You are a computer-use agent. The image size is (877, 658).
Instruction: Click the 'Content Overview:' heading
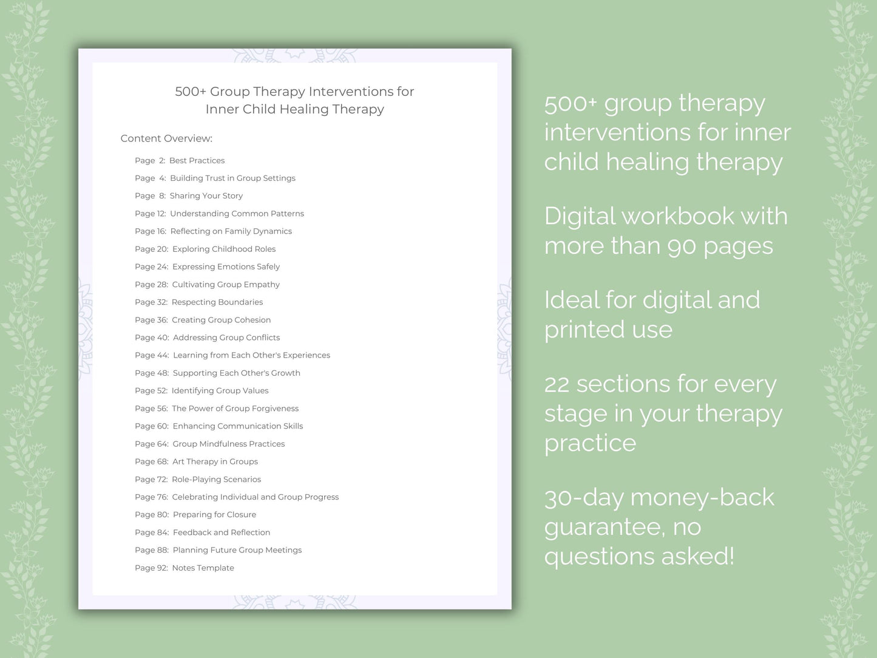pos(166,138)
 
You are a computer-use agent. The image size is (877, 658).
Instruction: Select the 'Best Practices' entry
pos(197,160)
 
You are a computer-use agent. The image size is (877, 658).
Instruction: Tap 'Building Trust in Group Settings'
pos(232,178)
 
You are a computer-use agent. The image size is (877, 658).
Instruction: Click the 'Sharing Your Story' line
pos(206,195)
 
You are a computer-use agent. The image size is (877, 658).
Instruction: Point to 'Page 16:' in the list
pos(151,231)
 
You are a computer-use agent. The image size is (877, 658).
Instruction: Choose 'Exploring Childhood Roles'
pos(223,249)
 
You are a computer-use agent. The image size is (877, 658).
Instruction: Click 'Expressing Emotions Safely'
pos(226,266)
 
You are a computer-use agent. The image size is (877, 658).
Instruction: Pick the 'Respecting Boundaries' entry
pos(217,302)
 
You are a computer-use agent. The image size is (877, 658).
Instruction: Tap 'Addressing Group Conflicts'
pos(226,337)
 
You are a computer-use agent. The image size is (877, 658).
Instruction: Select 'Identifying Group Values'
pos(220,391)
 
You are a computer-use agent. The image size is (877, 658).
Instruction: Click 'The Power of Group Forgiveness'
pos(235,409)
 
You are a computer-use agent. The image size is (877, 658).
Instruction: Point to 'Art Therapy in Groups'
pos(215,461)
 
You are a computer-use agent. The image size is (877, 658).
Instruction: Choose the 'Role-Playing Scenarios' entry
pos(216,480)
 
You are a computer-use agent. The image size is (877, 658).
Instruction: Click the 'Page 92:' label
pos(151,568)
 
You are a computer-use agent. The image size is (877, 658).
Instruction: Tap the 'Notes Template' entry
pos(203,568)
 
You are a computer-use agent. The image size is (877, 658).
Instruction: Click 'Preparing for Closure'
pos(214,515)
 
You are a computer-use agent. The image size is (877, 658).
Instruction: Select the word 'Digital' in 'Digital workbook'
pos(579,216)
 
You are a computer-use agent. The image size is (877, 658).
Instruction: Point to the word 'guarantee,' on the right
pos(604,527)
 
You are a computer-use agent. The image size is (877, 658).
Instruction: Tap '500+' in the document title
pos(191,92)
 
